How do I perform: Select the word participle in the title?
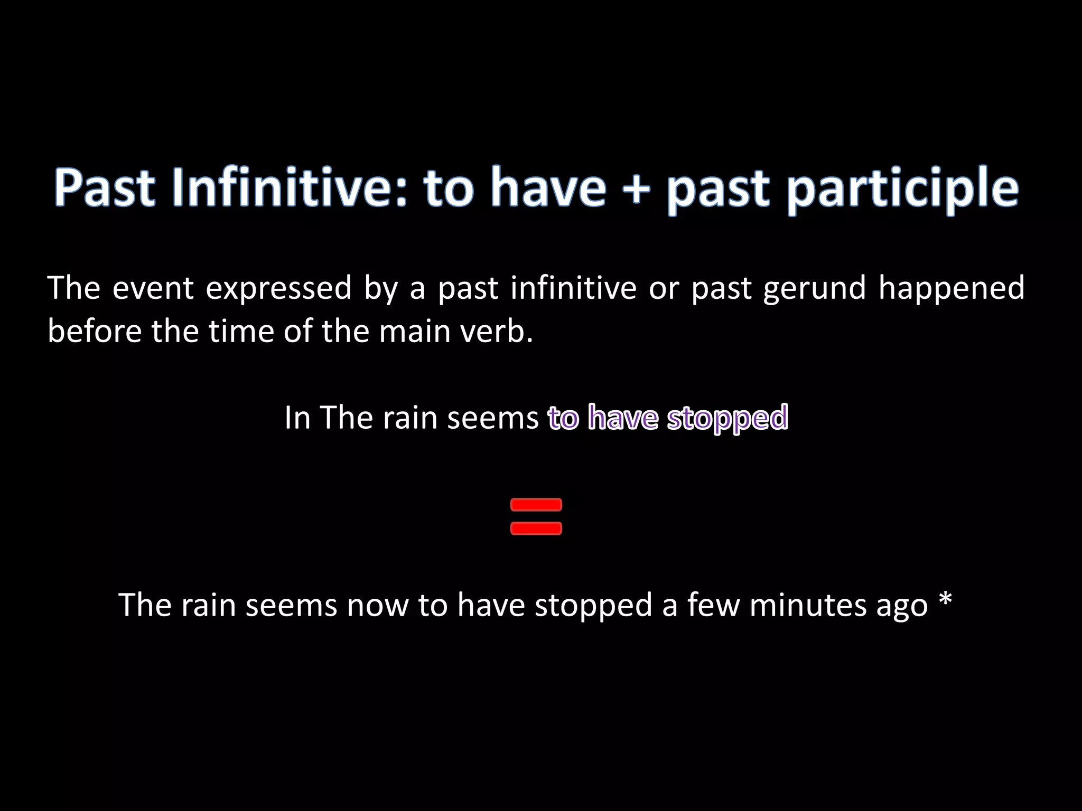[x=902, y=189]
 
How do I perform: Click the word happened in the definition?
[x=951, y=288]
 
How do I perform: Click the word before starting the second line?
[x=94, y=332]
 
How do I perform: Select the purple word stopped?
[x=727, y=418]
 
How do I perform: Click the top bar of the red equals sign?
[x=536, y=505]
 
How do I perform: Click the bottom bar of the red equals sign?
[x=536, y=529]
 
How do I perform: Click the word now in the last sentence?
[x=377, y=606]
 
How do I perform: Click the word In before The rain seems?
[x=297, y=418]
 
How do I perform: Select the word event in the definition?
[x=153, y=288]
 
